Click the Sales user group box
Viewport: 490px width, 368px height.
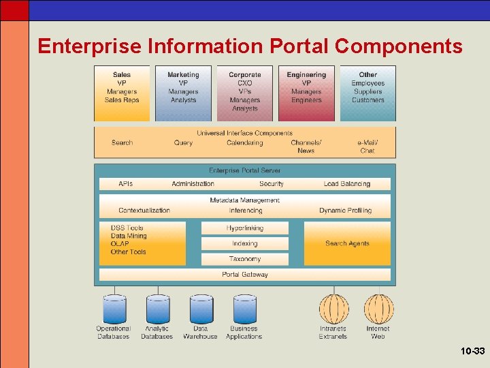tap(122, 93)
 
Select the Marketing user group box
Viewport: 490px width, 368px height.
tap(183, 93)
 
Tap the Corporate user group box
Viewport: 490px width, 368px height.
tap(244, 93)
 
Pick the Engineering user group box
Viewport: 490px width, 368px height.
tap(306, 93)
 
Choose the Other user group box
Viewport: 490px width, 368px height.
tap(367, 93)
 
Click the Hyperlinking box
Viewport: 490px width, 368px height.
tap(244, 228)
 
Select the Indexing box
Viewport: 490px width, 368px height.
tap(244, 243)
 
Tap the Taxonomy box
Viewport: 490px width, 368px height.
tap(244, 259)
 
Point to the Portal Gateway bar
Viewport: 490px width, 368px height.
tap(244, 275)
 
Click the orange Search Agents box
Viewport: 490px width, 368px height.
tap(347, 243)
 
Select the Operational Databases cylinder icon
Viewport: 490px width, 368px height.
tap(114, 309)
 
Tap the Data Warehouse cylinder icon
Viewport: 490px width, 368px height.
tap(201, 309)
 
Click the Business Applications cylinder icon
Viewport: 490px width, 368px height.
tap(244, 309)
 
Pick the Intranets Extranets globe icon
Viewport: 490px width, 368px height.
tap(333, 309)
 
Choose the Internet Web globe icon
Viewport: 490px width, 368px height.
tap(378, 309)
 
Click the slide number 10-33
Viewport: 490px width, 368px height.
tap(472, 352)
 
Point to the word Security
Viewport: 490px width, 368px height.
tap(272, 184)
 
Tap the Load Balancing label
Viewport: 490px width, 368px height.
tap(347, 184)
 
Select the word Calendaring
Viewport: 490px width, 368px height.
tap(244, 142)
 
